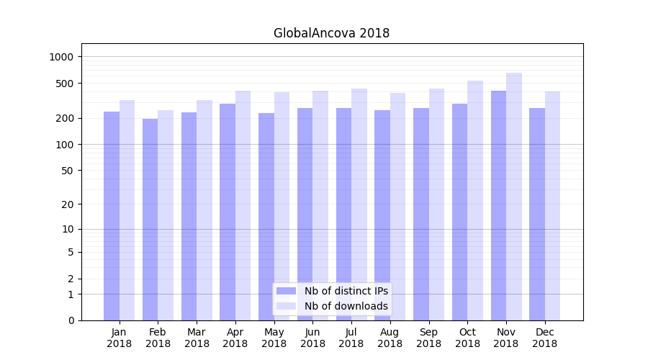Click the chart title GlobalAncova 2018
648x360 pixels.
[x=331, y=33]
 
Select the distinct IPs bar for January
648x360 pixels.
[x=112, y=216]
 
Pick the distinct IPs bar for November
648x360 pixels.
[x=498, y=205]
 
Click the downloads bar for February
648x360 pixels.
[x=166, y=215]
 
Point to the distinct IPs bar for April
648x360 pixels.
[x=228, y=212]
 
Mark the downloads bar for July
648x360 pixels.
[x=359, y=204]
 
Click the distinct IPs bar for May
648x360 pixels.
[x=266, y=217]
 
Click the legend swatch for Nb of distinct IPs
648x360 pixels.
[x=286, y=291]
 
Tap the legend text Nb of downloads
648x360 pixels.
[x=346, y=306]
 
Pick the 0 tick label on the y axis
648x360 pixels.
[x=71, y=320]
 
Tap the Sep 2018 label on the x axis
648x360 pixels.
[x=428, y=338]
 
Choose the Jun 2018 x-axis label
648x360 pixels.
[x=312, y=338]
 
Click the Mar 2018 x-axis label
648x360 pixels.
[x=197, y=338]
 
